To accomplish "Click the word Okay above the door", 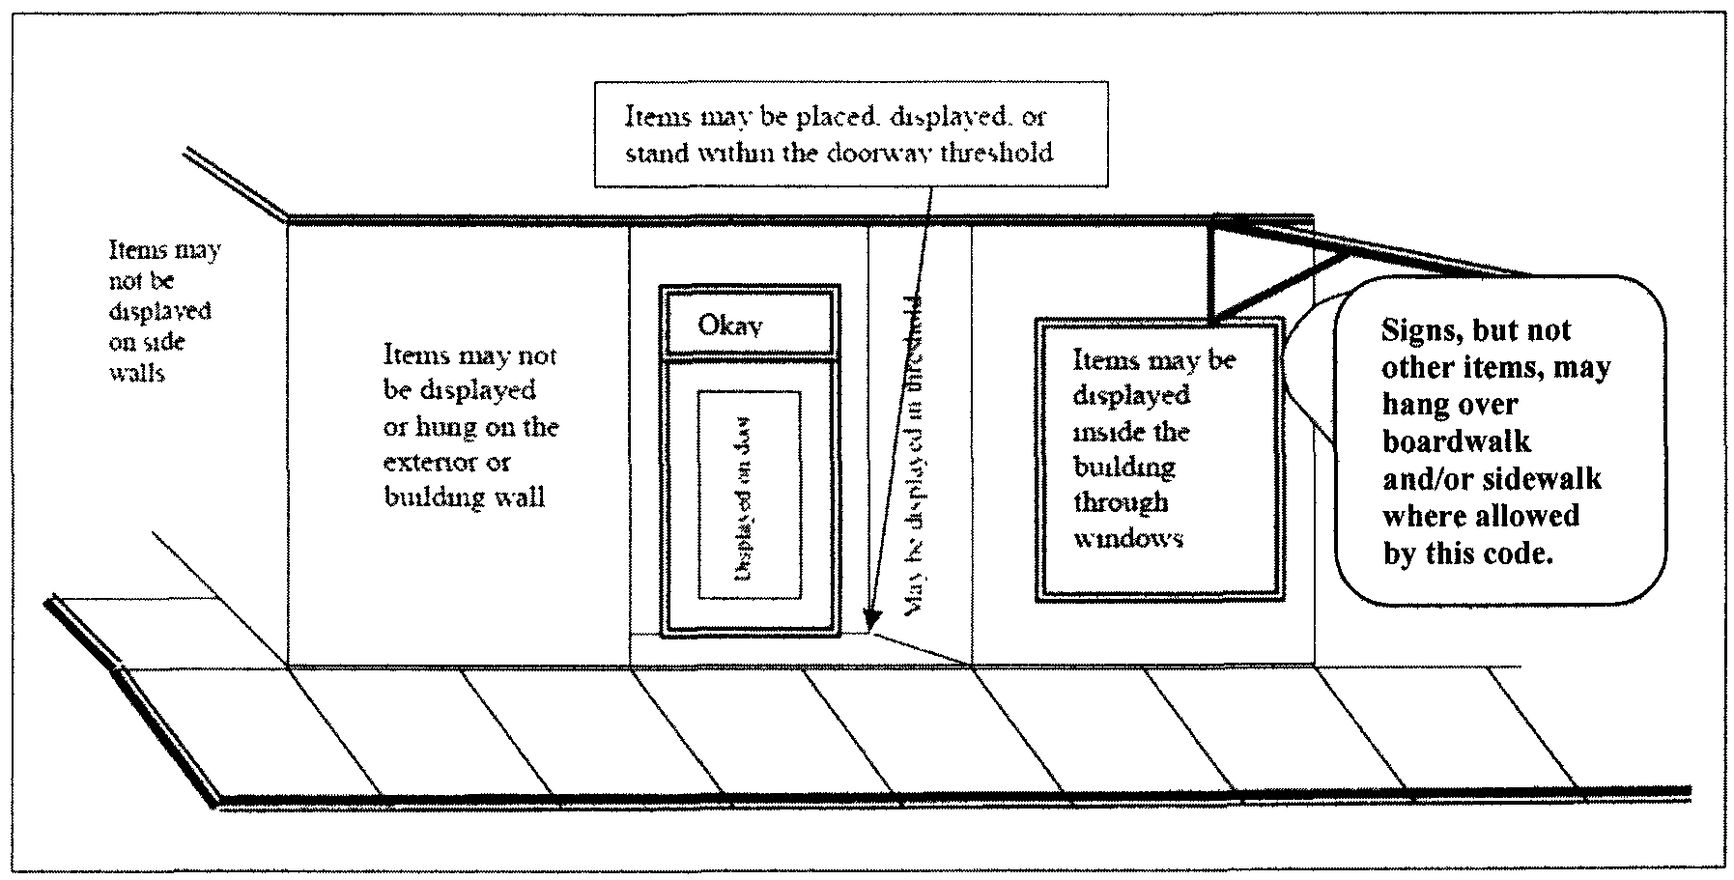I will (x=730, y=326).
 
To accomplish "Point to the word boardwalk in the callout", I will (x=1457, y=441).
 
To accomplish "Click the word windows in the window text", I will (x=1128, y=539).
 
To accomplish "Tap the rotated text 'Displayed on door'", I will (x=744, y=497).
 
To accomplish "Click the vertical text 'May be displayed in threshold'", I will (x=913, y=454).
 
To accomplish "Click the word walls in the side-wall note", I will (x=137, y=373).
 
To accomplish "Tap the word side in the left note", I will (x=165, y=342).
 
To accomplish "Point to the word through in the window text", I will (x=1121, y=503).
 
